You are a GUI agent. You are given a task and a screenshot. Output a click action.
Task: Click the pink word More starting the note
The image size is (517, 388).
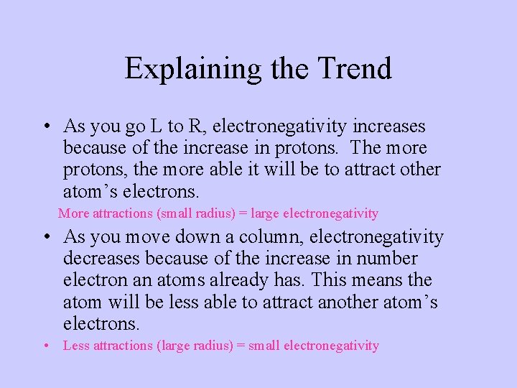pos(74,213)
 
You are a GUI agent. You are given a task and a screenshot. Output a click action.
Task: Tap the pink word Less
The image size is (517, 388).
pos(76,346)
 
